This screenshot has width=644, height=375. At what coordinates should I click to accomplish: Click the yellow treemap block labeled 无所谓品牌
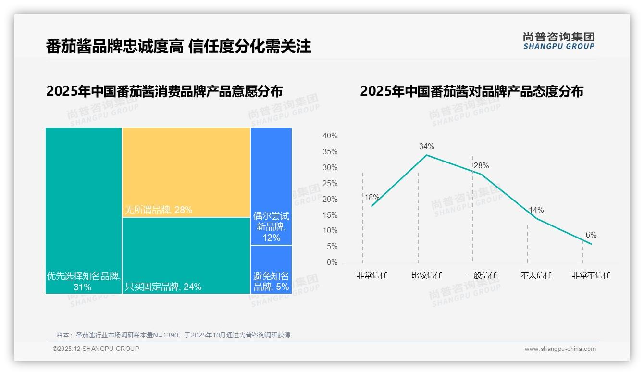186,172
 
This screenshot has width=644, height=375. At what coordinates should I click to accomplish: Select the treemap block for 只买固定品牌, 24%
186,255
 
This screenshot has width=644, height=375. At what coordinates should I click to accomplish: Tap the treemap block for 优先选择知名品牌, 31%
84,211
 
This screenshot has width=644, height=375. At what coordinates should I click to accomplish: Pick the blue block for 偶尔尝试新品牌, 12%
271,186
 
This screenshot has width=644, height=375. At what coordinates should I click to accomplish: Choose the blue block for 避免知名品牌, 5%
271,269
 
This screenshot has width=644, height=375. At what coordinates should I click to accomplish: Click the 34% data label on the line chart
426,146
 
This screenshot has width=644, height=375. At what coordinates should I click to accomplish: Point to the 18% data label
372,197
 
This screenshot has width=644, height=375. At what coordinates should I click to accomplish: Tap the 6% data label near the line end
591,235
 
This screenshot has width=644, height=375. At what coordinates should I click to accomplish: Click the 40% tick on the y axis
330,136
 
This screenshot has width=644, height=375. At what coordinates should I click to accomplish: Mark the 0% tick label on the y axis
332,262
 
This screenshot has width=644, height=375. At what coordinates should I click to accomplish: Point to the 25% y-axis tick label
330,183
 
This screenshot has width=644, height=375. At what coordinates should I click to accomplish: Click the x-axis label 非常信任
372,275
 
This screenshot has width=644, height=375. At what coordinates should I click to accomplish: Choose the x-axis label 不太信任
536,275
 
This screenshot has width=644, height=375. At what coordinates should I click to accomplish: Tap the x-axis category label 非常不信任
591,275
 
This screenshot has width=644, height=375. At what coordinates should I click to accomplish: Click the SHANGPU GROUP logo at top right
558,40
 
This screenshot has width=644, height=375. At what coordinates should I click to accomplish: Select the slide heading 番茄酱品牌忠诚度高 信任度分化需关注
178,46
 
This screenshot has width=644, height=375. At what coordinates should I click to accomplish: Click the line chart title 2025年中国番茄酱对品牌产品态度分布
471,91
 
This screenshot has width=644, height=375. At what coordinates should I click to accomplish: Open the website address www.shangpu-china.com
560,349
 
